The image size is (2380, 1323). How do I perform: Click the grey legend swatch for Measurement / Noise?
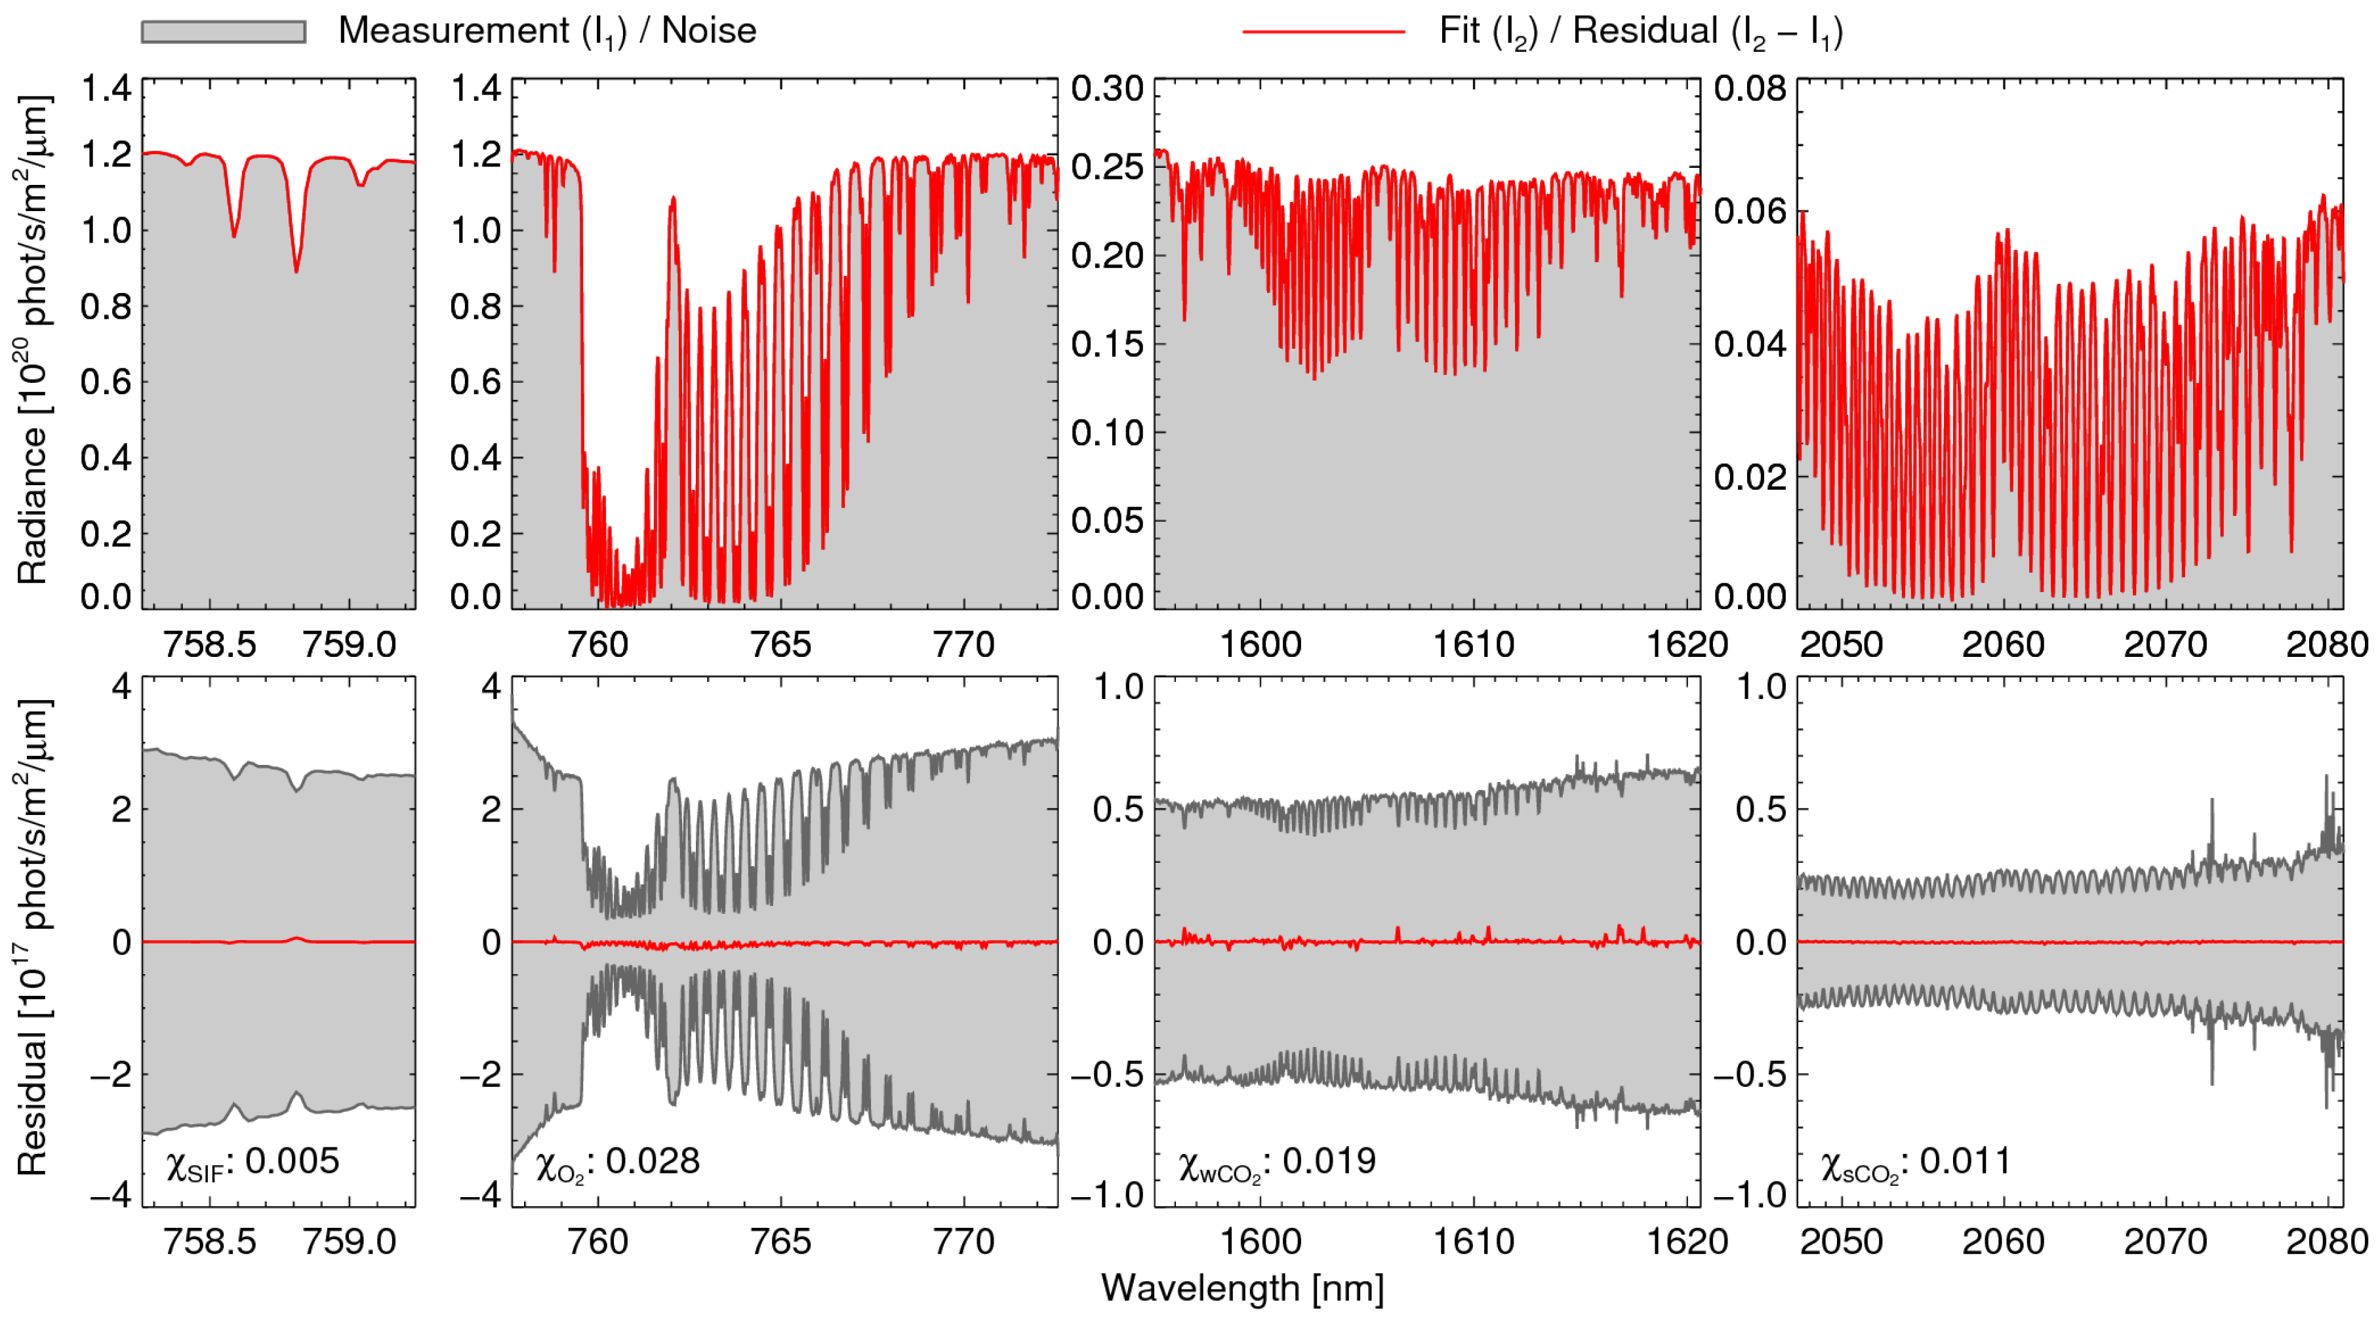[x=223, y=32]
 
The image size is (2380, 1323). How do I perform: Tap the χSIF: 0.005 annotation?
[x=252, y=1162]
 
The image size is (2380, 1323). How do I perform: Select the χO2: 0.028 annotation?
[x=617, y=1162]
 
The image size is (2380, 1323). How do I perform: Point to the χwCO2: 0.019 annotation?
[x=1277, y=1162]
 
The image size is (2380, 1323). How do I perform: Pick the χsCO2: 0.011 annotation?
[x=1915, y=1162]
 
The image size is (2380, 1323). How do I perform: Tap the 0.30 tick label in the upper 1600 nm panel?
[x=1107, y=90]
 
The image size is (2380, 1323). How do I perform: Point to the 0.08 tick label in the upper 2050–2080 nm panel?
[x=1750, y=90]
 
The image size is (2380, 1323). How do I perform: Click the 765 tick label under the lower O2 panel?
[x=780, y=1241]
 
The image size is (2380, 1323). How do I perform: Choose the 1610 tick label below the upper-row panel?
[x=1473, y=644]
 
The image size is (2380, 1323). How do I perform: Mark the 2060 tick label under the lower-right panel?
[x=2003, y=1241]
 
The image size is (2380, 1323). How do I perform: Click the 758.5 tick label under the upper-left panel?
[x=210, y=644]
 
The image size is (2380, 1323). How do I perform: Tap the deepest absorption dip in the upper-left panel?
[x=296, y=269]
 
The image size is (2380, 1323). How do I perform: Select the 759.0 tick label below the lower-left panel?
[x=350, y=1241]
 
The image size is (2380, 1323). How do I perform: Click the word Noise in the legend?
[x=709, y=31]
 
